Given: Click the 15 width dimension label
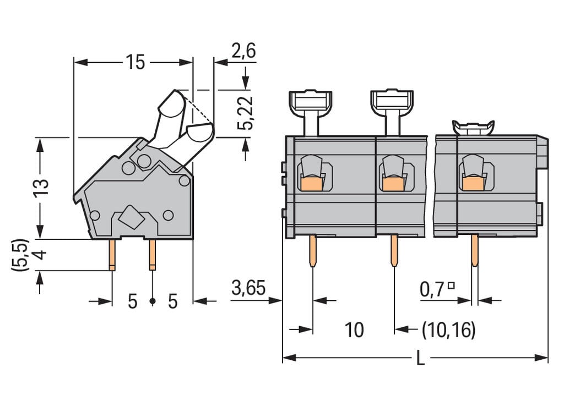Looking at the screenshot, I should [x=134, y=63].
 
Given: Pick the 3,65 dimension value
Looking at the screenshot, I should [x=248, y=288].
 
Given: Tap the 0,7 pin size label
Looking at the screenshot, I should [x=432, y=289].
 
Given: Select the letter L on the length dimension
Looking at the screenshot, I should [x=420, y=359].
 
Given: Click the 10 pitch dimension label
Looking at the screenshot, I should [x=354, y=330].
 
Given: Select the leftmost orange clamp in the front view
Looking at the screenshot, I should [x=311, y=183].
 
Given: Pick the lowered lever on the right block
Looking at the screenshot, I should [x=473, y=128].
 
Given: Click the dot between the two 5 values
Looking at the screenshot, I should [x=153, y=301].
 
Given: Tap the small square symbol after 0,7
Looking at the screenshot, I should [x=451, y=285].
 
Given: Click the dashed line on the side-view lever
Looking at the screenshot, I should [x=201, y=113].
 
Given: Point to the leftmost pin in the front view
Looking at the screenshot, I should [x=312, y=251].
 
